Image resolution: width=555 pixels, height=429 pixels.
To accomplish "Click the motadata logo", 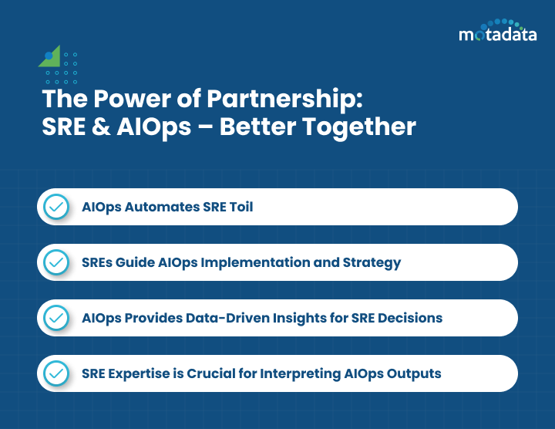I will pyautogui.click(x=498, y=32).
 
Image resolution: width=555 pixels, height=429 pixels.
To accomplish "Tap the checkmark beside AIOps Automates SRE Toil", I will pyautogui.click(x=55, y=207).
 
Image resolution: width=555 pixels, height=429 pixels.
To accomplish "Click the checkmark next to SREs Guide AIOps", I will pyautogui.click(x=55, y=262).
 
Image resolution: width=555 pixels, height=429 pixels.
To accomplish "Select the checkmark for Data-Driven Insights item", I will pyautogui.click(x=55, y=318).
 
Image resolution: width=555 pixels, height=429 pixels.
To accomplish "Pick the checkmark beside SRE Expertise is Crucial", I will pyautogui.click(x=55, y=373).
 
